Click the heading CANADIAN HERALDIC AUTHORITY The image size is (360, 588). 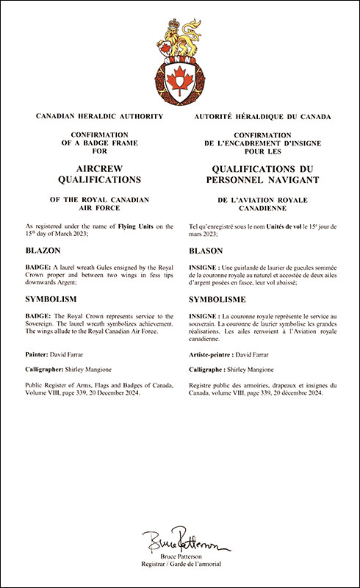pyautogui.click(x=90, y=117)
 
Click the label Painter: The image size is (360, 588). pyautogui.click(x=39, y=355)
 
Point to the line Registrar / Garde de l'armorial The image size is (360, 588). pyautogui.click(x=179, y=567)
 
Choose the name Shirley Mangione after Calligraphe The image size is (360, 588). pyautogui.click(x=262, y=370)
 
